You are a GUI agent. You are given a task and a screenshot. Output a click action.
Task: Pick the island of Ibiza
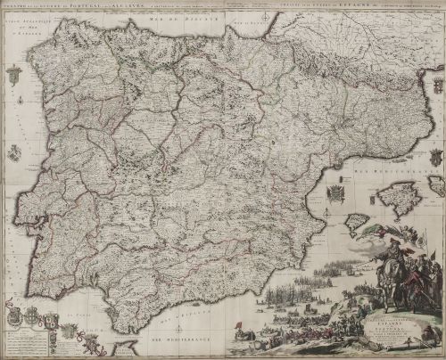pyautogui.click(x=356, y=221)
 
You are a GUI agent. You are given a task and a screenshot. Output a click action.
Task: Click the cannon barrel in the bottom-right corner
pyautogui.click(x=429, y=344)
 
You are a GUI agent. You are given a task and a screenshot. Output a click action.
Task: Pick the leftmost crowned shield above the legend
pyautogui.click(x=14, y=314)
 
